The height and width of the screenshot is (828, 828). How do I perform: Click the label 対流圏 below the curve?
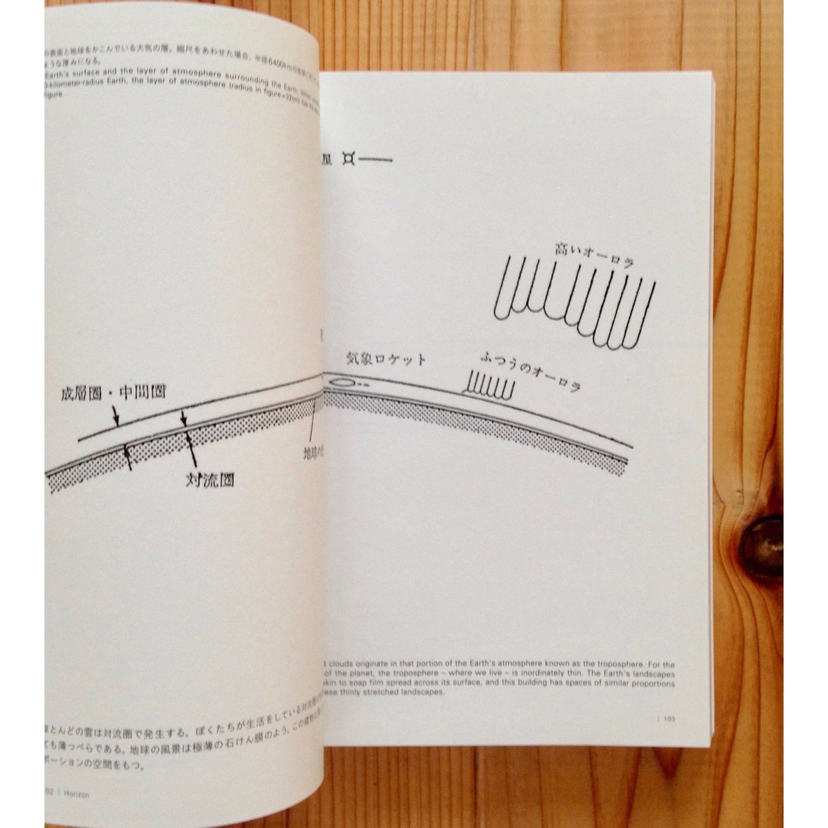210,477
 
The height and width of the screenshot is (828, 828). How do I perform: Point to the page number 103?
669,719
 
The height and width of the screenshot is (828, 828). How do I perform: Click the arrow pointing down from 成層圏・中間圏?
117,414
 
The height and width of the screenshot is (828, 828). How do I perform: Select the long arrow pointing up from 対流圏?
188,449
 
